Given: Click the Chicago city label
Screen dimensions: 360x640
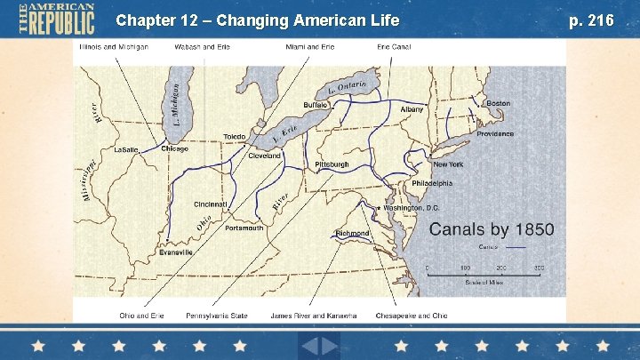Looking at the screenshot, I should tap(174, 149).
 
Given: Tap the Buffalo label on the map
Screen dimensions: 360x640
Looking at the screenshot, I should tap(316, 105).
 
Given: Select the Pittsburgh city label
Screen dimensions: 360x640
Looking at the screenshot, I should tap(332, 165).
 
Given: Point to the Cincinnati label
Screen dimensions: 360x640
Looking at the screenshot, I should tap(211, 204).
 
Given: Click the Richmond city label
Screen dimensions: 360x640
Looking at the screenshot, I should tap(352, 234).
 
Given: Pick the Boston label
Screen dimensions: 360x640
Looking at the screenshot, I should tap(498, 103).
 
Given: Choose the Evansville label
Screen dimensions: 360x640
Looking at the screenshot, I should tap(176, 252).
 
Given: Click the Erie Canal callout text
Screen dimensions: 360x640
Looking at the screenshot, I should tap(393, 46).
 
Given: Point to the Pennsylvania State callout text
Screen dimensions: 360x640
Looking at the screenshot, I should tap(216, 316).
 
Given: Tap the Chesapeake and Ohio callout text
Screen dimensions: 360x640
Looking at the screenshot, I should tap(412, 316).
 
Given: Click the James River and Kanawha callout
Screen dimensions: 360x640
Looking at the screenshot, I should tap(314, 316).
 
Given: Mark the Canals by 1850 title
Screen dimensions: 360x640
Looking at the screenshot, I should tap(492, 229).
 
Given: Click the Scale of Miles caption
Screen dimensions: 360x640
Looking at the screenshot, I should tap(484, 283).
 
